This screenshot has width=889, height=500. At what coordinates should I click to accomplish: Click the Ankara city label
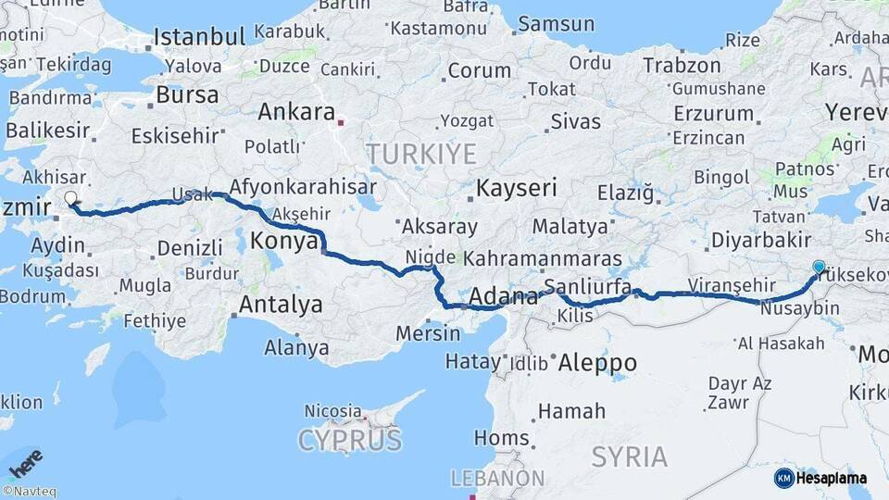(296, 112)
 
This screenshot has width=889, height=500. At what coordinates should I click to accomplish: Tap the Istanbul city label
(199, 37)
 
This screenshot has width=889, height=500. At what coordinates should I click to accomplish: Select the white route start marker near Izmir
(70, 197)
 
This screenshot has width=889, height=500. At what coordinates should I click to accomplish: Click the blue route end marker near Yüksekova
(819, 267)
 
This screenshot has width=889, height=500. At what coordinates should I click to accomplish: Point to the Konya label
(282, 240)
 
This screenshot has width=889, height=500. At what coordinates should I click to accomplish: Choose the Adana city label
(504, 297)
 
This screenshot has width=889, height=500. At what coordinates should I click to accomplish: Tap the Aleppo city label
(596, 363)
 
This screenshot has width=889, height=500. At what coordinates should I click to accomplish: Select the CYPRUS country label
(350, 440)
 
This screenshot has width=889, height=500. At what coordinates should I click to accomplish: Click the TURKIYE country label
(420, 153)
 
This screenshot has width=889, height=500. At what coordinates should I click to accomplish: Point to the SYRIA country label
(629, 456)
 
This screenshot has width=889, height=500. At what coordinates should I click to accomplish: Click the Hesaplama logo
(820, 478)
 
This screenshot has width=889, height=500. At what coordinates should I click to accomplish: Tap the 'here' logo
(25, 460)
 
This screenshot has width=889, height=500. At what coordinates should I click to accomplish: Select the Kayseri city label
(517, 189)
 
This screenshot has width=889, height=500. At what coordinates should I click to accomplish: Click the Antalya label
(281, 305)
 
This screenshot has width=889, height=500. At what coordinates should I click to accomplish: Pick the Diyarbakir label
(761, 240)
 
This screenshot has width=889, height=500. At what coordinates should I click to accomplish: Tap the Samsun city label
(557, 24)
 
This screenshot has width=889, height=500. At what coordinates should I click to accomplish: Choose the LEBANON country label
(497, 478)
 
